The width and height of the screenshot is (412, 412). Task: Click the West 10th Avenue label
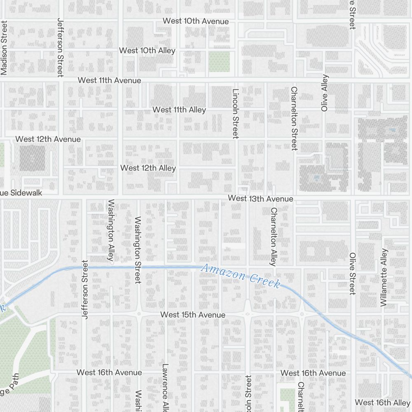click(x=195, y=21)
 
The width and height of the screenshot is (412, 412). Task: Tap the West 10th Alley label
click(x=147, y=51)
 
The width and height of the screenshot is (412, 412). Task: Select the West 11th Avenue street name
click(x=109, y=80)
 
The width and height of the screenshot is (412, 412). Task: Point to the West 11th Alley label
click(x=179, y=110)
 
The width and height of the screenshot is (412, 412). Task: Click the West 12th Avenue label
click(x=48, y=139)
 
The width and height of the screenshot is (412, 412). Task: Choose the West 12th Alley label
click(x=148, y=168)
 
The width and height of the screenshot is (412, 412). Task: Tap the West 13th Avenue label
click(x=260, y=199)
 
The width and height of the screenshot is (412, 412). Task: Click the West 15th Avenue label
click(x=193, y=315)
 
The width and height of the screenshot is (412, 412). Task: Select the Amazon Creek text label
click(x=241, y=276)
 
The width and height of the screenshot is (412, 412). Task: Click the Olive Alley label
click(x=325, y=93)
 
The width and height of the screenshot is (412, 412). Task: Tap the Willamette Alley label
click(x=384, y=277)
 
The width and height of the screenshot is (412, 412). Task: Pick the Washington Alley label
click(x=110, y=231)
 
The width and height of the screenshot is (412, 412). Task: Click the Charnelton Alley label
click(x=273, y=236)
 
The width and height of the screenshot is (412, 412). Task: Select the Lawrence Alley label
click(x=165, y=387)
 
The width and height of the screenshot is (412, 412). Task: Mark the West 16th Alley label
click(x=382, y=402)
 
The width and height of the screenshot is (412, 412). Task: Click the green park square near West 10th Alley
click(x=219, y=61)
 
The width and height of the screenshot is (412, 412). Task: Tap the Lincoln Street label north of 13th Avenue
click(x=236, y=114)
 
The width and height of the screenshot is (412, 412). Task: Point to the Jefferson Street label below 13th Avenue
click(x=85, y=289)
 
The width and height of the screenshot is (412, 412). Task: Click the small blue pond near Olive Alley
click(x=316, y=178)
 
